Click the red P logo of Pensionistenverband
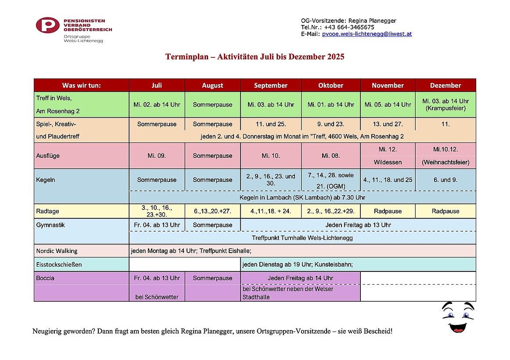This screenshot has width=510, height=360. coord(47,25)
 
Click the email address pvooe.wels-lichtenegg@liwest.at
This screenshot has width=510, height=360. coord(367,34)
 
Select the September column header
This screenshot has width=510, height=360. coord(271,86)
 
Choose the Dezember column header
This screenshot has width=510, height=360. coord(445,86)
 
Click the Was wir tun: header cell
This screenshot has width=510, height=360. coord(82,86)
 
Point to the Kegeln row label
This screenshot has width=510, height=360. coord(46,180)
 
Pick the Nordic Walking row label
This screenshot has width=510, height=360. coord(57,251)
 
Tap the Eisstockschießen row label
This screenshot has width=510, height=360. coord(59,264)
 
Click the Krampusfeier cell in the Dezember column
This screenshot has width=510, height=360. coord(445,108)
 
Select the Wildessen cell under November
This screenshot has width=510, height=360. coord(388,162)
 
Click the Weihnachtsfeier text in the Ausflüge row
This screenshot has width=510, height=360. coord(445,162)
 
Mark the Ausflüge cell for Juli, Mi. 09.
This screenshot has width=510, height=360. coord(157,156)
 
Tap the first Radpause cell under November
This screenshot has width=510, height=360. coord(388,211)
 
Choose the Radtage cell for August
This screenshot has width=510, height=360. coord(212,211)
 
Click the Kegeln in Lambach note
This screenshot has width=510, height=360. coord(302,197)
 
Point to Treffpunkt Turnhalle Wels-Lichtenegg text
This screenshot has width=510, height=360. coord(302,238)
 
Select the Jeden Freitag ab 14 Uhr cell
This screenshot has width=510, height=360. coord(300,278)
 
